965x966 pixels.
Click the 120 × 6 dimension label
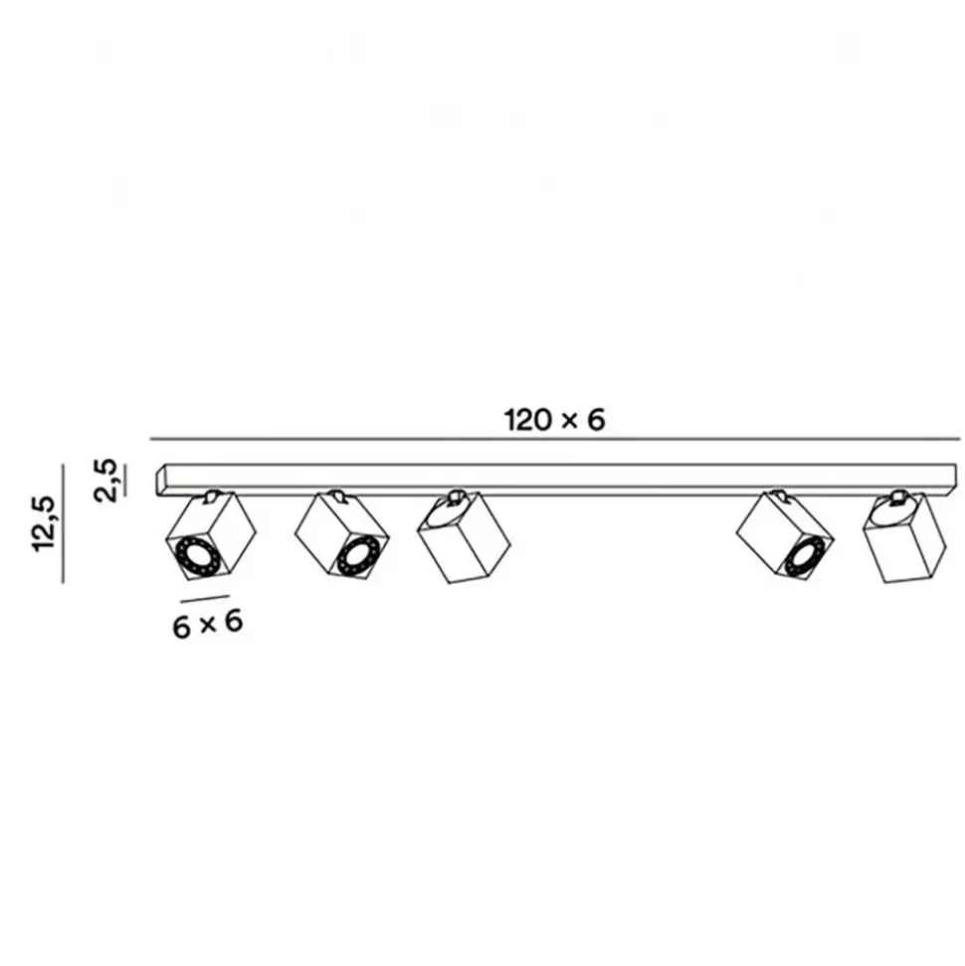pos(554,420)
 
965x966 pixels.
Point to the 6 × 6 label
pos(208,625)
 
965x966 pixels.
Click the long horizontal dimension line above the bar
pos(554,439)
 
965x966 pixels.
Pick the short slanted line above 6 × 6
pos(205,599)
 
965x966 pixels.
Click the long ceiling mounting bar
pos(554,480)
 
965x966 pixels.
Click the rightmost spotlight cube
pos(903,541)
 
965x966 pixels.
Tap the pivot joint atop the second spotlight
pos(340,495)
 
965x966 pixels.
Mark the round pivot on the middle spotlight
pos(454,497)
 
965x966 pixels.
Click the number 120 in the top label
pos(526,420)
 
